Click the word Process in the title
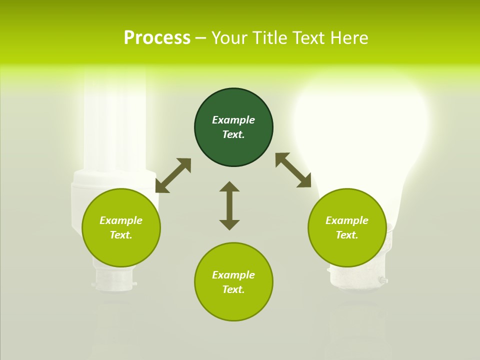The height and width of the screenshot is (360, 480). point(157,38)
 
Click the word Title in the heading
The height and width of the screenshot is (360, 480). point(266,38)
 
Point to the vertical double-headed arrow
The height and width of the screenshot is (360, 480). point(229,205)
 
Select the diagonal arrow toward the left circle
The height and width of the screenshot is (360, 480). point(173,175)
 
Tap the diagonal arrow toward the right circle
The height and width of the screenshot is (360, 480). point(293,170)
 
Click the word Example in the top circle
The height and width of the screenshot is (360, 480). point(233,120)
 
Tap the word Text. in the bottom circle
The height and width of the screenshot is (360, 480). point(233,289)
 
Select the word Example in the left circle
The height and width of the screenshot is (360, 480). point(121,220)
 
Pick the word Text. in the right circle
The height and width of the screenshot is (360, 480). point(347,235)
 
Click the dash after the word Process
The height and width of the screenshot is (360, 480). point(201,38)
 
